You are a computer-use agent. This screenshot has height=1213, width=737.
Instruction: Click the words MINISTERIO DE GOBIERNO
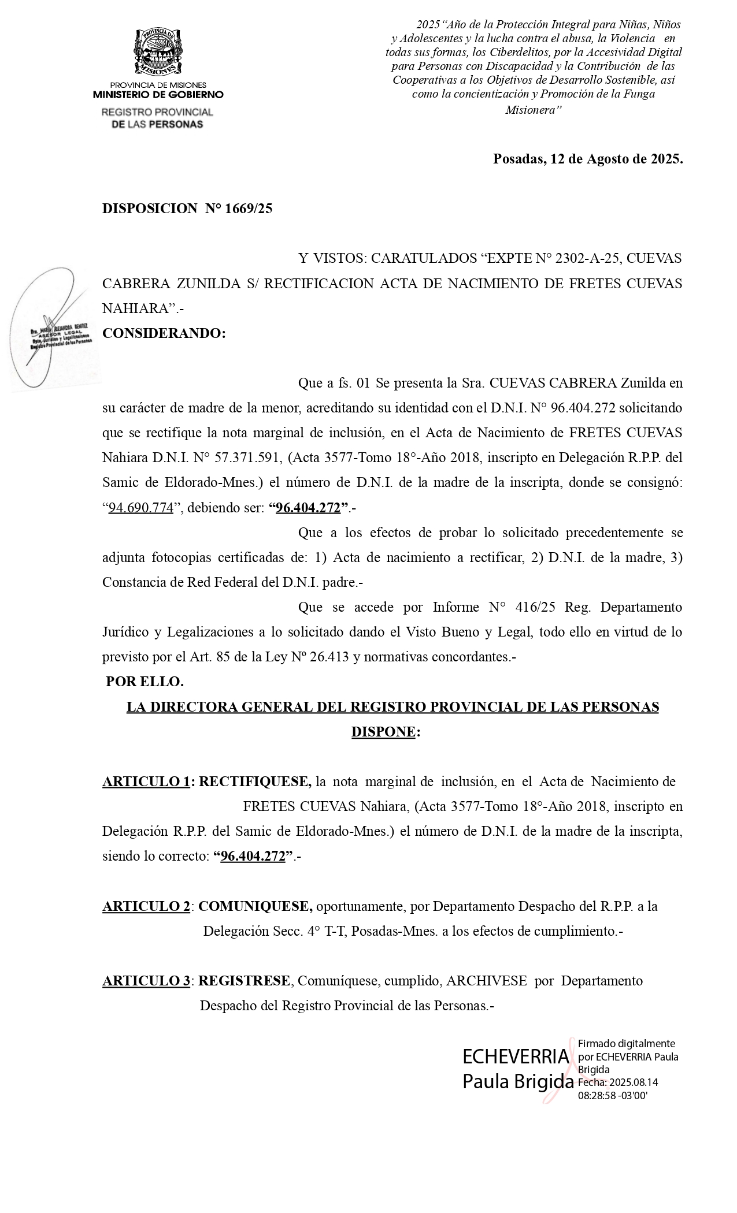(158, 95)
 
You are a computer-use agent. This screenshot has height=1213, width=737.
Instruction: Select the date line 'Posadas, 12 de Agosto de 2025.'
(587, 159)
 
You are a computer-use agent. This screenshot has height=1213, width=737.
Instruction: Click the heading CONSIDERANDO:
(164, 333)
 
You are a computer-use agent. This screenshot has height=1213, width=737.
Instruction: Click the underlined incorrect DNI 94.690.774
(141, 508)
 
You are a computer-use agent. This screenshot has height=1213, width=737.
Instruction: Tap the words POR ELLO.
(145, 682)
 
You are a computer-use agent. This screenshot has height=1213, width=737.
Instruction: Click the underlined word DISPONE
(383, 732)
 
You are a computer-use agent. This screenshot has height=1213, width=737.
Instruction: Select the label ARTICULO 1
(146, 782)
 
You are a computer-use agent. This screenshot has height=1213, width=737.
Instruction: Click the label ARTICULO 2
(146, 906)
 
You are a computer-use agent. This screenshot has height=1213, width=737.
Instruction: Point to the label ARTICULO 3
(146, 981)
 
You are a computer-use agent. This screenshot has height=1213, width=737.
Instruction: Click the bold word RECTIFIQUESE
(254, 782)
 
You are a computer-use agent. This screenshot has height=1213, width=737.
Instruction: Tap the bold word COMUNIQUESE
(255, 906)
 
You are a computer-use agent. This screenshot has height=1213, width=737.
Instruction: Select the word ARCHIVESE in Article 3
(486, 981)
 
